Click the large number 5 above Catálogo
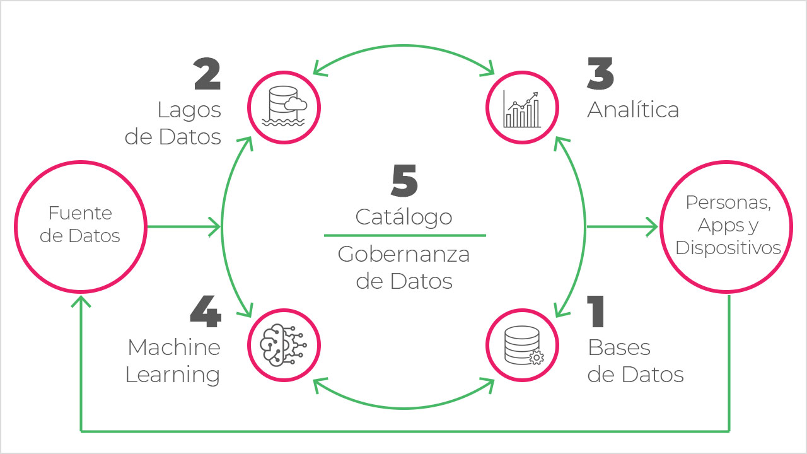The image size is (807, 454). click(x=404, y=181)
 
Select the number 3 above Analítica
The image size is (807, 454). click(x=600, y=74)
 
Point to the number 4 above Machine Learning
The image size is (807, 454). click(x=206, y=312)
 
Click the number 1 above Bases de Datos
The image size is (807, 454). click(x=597, y=312)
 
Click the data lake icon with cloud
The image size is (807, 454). click(x=283, y=105)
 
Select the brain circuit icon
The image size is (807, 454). click(x=283, y=344)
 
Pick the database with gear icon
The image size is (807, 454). click(x=523, y=345)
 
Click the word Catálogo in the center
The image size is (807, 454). click(x=404, y=217)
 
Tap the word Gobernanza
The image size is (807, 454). click(x=404, y=254)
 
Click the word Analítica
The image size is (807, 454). click(x=633, y=110)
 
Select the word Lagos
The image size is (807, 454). click(x=189, y=110)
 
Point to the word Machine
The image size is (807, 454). click(x=174, y=347)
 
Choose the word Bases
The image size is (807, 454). click(x=618, y=347)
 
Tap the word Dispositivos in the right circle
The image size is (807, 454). click(x=728, y=248)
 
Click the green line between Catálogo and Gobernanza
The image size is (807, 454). click(x=405, y=236)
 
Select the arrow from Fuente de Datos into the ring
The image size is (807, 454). click(x=183, y=226)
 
